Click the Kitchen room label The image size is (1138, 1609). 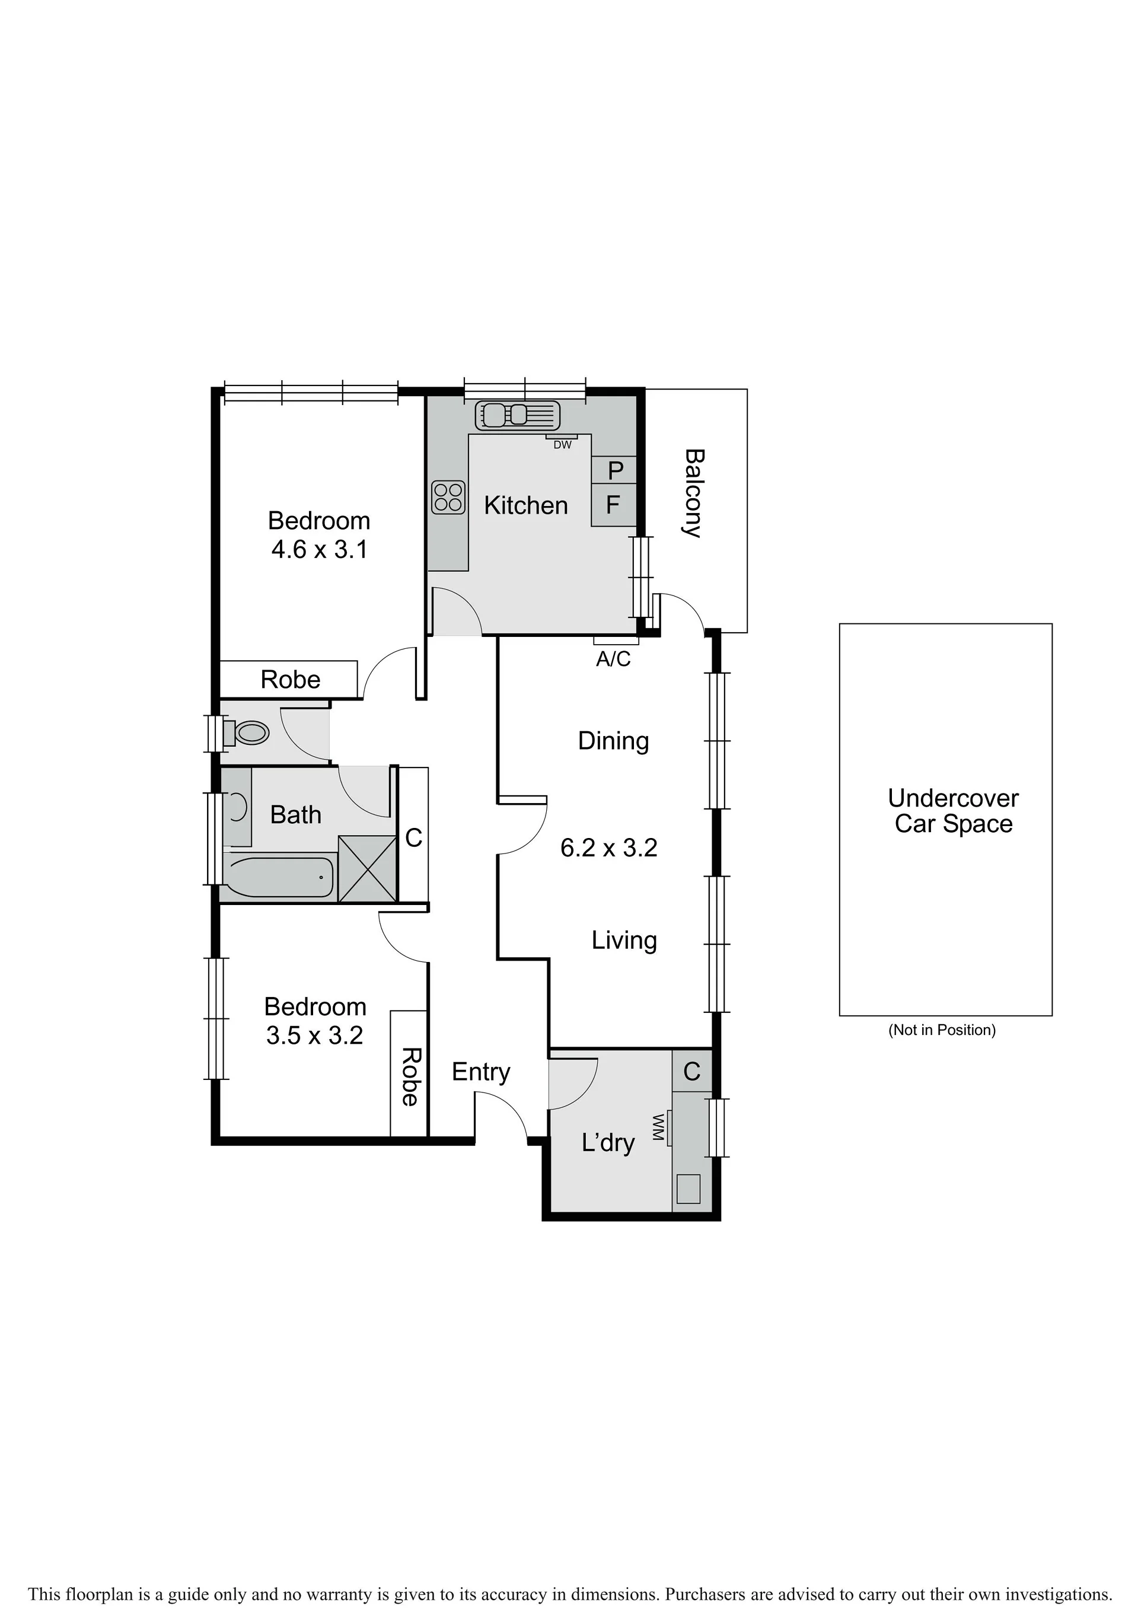click(525, 505)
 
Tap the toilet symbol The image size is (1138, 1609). click(247, 734)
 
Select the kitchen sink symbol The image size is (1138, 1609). click(518, 415)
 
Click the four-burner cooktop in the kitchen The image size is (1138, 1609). click(448, 497)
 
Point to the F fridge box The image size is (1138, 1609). click(614, 505)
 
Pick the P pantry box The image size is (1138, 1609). click(614, 470)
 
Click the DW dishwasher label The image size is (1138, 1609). click(563, 445)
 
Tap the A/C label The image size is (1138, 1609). click(613, 659)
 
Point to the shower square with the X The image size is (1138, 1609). click(367, 868)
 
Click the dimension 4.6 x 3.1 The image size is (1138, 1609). click(320, 549)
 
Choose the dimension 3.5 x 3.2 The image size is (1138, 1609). click(315, 1035)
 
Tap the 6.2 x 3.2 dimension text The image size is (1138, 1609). click(609, 848)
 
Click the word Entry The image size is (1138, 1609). click(481, 1072)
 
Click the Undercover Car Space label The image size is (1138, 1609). click(953, 811)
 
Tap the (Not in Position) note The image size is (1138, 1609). click(942, 1030)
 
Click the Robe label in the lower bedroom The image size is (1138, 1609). click(410, 1077)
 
